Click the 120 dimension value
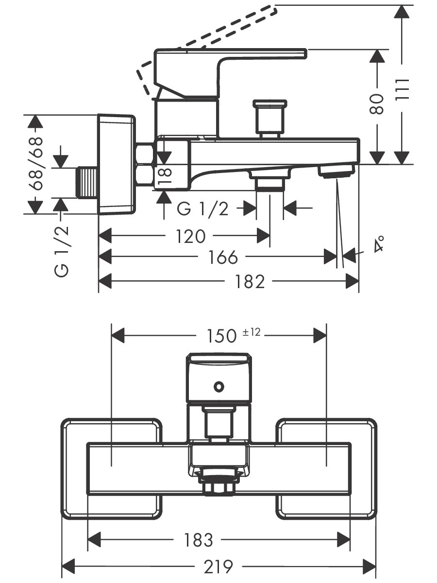[x=190, y=237]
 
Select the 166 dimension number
[x=224, y=257]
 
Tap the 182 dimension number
[x=251, y=281]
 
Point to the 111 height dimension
[x=403, y=89]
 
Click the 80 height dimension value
[x=377, y=104]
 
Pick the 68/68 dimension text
[x=35, y=164]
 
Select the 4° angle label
[x=379, y=244]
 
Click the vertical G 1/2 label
[x=62, y=252]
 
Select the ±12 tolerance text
[x=252, y=332]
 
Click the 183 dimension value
[x=199, y=539]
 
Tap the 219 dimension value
[x=218, y=566]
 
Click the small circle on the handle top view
[x=218, y=387]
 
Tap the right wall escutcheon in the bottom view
[x=326, y=468]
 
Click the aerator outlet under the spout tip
[x=336, y=171]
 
